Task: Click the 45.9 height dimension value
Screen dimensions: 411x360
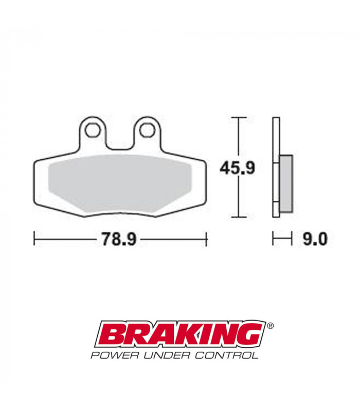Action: point(237,167)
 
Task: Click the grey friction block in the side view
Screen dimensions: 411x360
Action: point(286,183)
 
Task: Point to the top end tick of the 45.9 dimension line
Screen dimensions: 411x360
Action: point(237,118)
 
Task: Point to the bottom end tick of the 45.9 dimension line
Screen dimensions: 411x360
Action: point(237,217)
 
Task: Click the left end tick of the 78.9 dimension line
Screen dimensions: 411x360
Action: point(34,239)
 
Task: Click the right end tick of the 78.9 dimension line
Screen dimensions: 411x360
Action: point(206,239)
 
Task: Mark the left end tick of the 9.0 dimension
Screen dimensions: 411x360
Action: point(273,239)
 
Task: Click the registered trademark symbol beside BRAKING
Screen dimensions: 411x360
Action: point(271,325)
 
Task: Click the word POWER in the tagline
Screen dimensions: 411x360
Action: point(111,354)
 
